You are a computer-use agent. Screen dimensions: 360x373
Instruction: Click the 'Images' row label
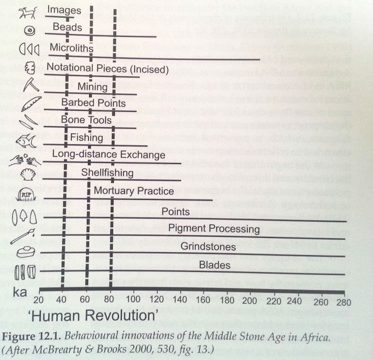pyautogui.click(x=65, y=10)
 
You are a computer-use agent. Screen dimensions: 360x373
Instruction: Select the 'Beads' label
pyautogui.click(x=67, y=28)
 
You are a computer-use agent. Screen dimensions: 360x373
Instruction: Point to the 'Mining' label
pyautogui.click(x=93, y=87)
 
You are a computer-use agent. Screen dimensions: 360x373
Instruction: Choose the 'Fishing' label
pyautogui.click(x=87, y=138)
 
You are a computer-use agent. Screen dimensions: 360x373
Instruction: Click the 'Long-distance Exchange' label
pyautogui.click(x=108, y=155)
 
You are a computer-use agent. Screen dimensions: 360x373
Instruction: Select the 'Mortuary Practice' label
pyautogui.click(x=142, y=191)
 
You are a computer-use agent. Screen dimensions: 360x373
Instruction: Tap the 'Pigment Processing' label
pyautogui.click(x=214, y=228)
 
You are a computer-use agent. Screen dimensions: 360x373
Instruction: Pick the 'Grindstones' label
pyautogui.click(x=208, y=247)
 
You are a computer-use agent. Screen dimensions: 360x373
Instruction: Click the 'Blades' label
pyautogui.click(x=215, y=266)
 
